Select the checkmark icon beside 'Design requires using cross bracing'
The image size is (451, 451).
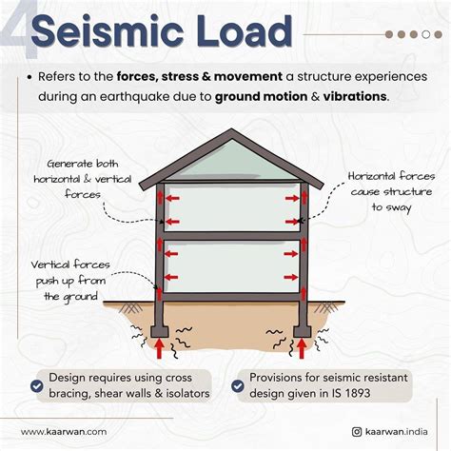click(x=36, y=385)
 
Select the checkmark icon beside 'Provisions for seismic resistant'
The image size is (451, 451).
click(x=240, y=385)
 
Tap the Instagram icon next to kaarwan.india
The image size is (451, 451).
click(x=354, y=431)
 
